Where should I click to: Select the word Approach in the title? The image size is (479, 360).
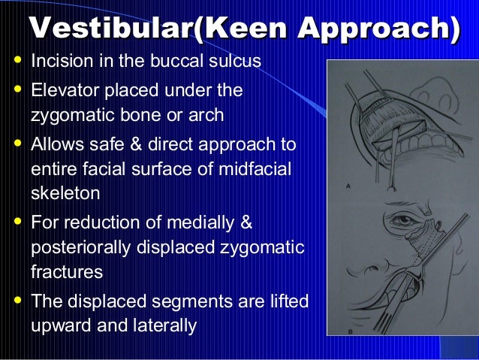pos(373,28)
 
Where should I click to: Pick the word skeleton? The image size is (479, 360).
pos(65,193)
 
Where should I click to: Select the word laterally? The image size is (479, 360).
pos(169,325)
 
